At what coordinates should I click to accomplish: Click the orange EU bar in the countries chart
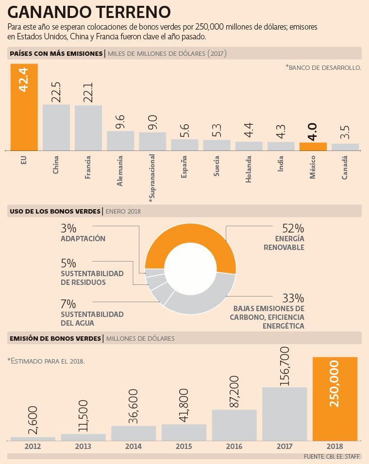point(24,107)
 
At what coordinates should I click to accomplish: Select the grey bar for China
point(56,128)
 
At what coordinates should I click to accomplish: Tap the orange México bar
point(313,147)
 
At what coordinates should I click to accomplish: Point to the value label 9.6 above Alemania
point(120,122)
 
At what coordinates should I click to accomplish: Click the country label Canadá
point(344,167)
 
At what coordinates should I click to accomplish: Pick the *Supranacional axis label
point(152,178)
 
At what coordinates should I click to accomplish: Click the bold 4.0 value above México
point(313,132)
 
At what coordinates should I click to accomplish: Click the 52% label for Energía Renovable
point(293,229)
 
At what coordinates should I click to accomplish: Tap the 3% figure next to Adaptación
point(68,229)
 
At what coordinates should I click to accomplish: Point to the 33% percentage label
point(293,298)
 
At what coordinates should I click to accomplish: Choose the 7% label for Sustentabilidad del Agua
point(68,304)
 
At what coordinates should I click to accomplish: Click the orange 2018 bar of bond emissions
point(335,399)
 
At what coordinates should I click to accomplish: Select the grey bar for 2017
point(285,414)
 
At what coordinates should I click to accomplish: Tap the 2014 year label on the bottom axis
point(134,446)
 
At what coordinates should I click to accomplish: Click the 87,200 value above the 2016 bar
point(234,392)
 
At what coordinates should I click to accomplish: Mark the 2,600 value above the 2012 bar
point(33,420)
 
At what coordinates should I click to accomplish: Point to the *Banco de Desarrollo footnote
point(323,67)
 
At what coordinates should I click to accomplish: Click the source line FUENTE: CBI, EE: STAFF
point(332,457)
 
